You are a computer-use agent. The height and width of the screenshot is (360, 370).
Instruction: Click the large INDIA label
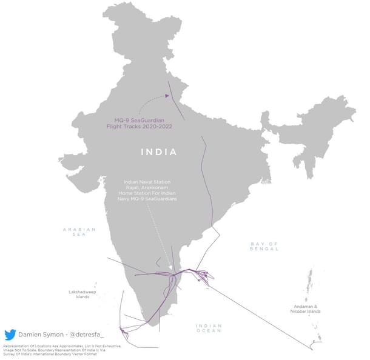pyautogui.click(x=160, y=152)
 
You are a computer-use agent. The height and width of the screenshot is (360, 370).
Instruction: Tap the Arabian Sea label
pyautogui.click(x=80, y=232)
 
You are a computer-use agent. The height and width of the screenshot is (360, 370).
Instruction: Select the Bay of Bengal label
pyautogui.click(x=264, y=245)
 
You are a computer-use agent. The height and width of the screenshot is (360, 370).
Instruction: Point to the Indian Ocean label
pyautogui.click(x=209, y=328)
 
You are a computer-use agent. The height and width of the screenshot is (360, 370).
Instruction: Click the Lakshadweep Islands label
pyautogui.click(x=79, y=295)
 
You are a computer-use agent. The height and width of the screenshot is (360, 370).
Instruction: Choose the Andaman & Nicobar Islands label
pyautogui.click(x=306, y=309)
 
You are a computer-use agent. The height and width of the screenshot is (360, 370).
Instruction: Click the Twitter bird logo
pyautogui.click(x=10, y=335)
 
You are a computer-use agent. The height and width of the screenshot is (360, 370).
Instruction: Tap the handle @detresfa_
pyautogui.click(x=85, y=335)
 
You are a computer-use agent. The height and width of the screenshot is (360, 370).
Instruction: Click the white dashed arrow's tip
pyautogui.click(x=172, y=270)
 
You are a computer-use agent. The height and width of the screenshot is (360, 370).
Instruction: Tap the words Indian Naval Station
pyautogui.click(x=147, y=181)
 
